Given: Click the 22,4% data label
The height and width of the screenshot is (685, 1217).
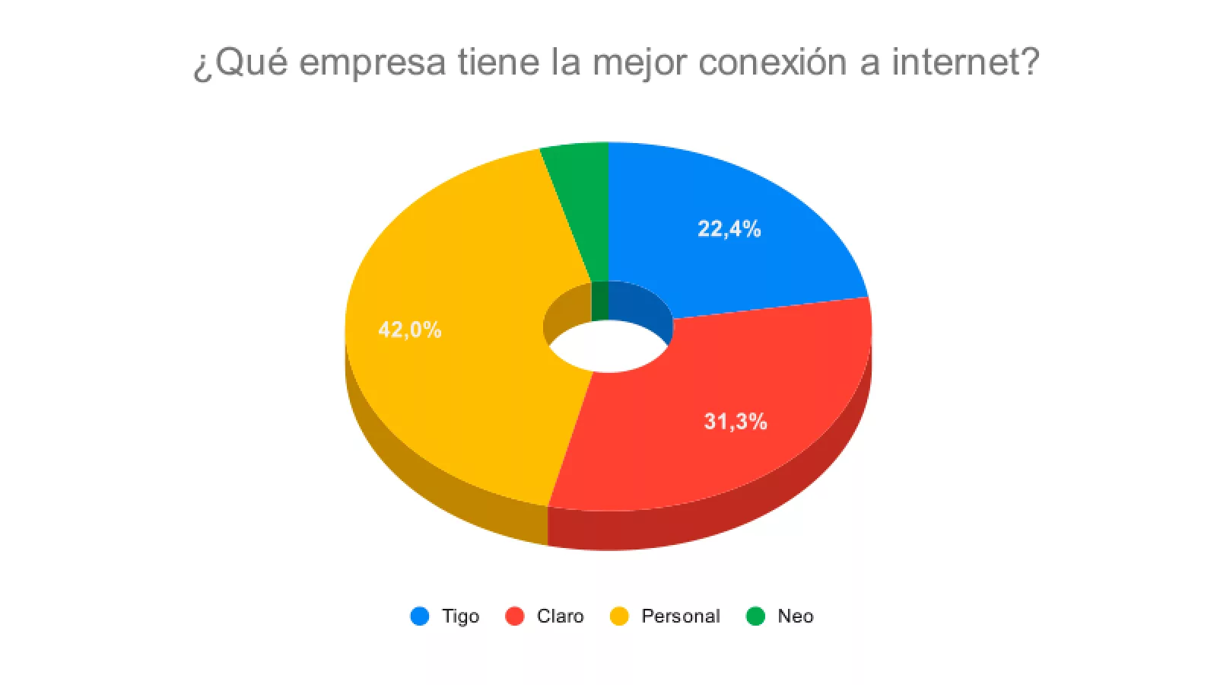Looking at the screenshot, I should [729, 228].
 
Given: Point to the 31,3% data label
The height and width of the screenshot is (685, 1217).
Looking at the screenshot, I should [735, 421].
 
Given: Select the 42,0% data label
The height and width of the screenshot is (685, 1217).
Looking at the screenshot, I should [409, 330].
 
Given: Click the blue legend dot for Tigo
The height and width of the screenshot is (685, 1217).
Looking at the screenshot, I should [420, 616].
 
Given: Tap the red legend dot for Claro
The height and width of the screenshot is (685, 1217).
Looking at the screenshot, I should [515, 616].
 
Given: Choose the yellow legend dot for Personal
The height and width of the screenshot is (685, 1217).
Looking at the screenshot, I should [620, 616].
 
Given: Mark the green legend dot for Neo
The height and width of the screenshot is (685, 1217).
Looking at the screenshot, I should [755, 616].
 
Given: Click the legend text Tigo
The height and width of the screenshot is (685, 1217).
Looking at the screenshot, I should [460, 616].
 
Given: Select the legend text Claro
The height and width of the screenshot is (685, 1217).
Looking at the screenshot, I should [560, 616].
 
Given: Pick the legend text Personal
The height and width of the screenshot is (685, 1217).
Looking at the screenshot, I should [680, 616].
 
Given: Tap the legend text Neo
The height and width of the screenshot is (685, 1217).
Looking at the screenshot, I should [795, 616].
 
